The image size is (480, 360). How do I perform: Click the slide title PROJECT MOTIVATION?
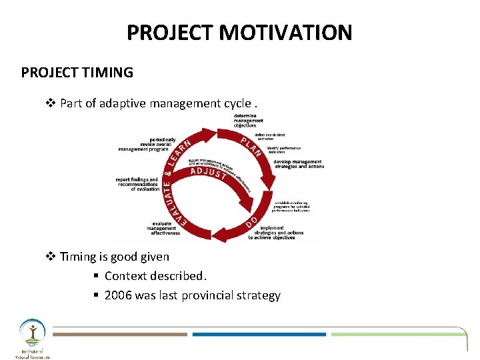(239, 32)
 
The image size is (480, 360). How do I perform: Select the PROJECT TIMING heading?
(77, 72)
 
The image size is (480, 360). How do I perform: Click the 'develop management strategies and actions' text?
(299, 164)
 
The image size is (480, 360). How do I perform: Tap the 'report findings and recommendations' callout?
(138, 184)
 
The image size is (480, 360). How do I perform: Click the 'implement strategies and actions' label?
(281, 233)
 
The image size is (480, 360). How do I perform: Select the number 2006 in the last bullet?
(118, 295)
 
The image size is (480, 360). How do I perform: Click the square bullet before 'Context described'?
(96, 276)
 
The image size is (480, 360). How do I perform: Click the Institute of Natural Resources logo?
(32, 339)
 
